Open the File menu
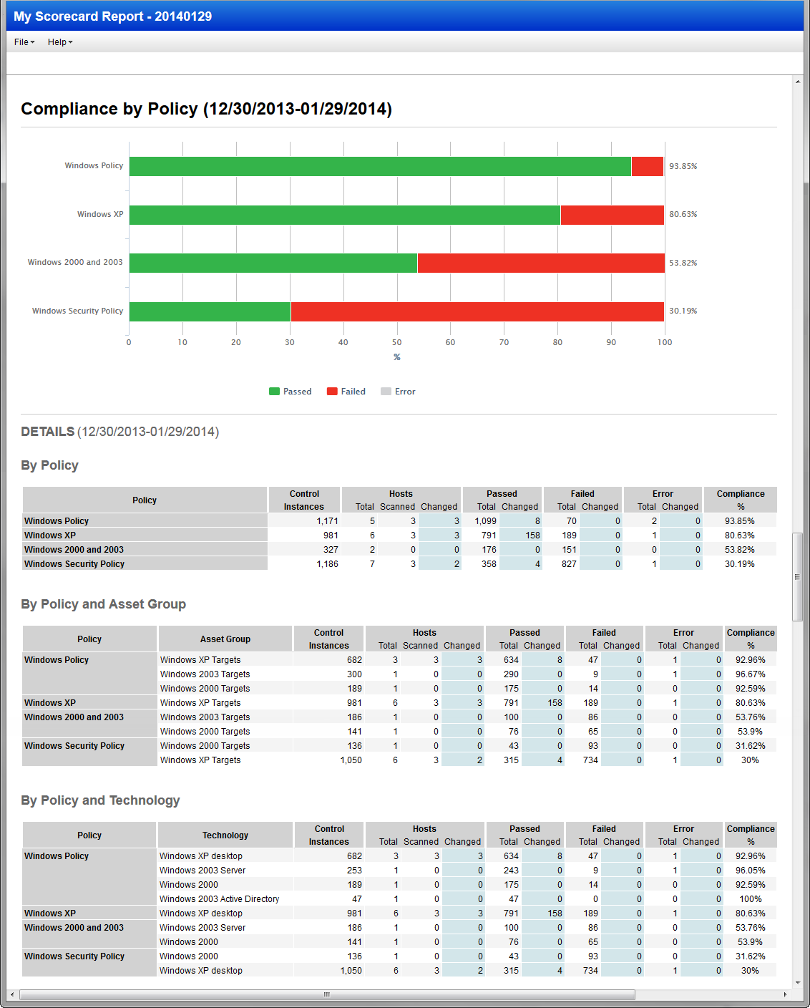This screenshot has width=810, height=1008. click(24, 42)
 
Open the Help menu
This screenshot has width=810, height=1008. click(59, 42)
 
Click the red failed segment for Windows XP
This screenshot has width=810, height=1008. click(612, 215)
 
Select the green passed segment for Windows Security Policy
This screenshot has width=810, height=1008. click(210, 311)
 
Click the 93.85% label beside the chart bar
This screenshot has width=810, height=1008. click(683, 166)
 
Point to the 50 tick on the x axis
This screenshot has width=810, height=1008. click(396, 342)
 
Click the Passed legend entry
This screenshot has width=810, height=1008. click(291, 392)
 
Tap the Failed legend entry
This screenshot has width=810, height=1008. click(346, 392)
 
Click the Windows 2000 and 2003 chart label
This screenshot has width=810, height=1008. click(75, 263)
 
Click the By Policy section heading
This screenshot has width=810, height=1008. click(49, 465)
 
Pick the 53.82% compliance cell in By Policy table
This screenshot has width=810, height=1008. click(739, 550)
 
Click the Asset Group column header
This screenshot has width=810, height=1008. click(225, 639)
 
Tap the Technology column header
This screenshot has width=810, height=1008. click(225, 835)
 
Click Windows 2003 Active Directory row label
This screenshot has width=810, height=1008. click(219, 899)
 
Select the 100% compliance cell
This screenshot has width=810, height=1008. click(751, 899)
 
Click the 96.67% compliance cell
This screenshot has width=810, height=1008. click(750, 674)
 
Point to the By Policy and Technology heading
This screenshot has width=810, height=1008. click(100, 800)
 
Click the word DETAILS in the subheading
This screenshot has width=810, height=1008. click(48, 432)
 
